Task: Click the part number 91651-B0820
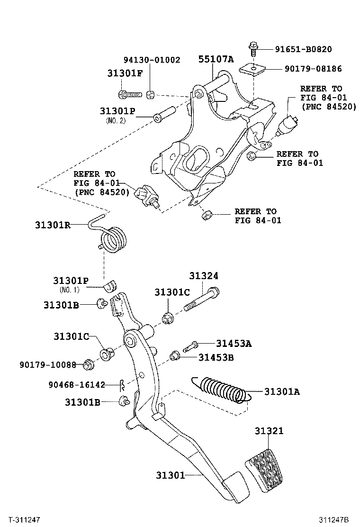pyautogui.click(x=304, y=49)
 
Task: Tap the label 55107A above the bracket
pyautogui.click(x=216, y=59)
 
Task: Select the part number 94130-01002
pyautogui.click(x=152, y=60)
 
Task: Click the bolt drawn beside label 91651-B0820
pyautogui.click(x=252, y=48)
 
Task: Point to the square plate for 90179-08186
pyautogui.click(x=252, y=69)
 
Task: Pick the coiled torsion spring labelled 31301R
pyautogui.click(x=115, y=238)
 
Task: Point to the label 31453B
pyautogui.click(x=216, y=357)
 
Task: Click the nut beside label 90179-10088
pyautogui.click(x=87, y=365)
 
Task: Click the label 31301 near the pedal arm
pyautogui.click(x=171, y=475)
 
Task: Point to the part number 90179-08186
pyautogui.click(x=313, y=69)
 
